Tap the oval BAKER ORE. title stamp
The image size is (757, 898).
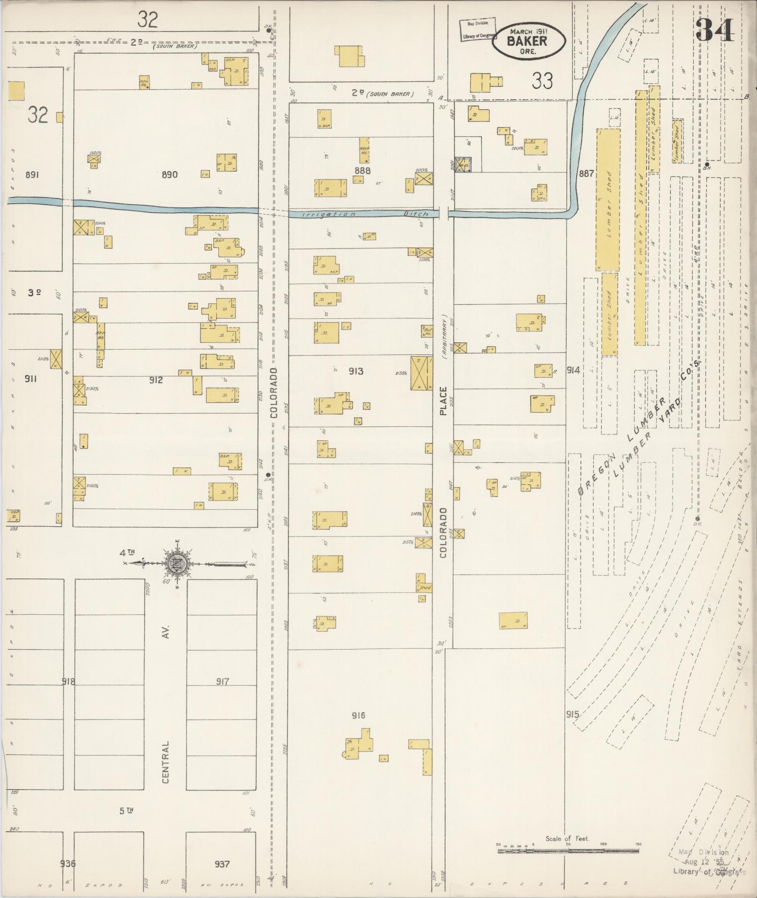point(528,41)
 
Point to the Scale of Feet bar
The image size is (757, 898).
point(568,849)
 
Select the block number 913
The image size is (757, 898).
point(355,371)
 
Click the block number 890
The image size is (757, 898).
point(169,175)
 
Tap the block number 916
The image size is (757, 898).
point(358,715)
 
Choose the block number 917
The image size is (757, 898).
point(222,681)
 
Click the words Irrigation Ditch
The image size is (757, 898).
point(365,214)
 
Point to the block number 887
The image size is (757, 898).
point(586,173)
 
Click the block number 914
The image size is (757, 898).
point(573,370)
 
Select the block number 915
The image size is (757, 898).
point(572,714)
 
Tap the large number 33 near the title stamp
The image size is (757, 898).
point(542,81)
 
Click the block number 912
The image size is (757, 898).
point(156,380)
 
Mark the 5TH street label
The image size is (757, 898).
point(126,810)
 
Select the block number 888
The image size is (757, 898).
point(362,170)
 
